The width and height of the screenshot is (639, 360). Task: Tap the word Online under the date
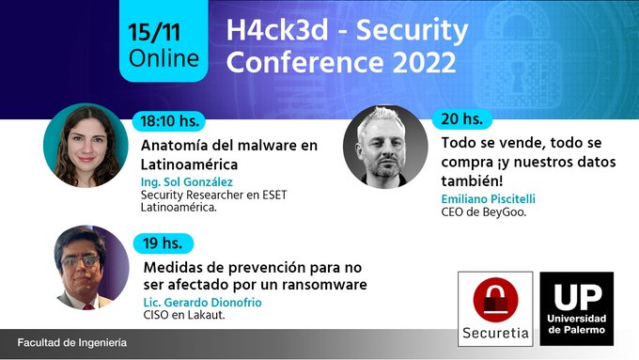pyautogui.click(x=164, y=57)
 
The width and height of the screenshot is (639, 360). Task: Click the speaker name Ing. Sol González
pyautogui.click(x=186, y=181)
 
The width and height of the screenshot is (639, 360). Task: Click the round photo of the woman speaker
pyautogui.click(x=86, y=146)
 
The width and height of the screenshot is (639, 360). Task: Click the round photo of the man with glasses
pyautogui.click(x=91, y=268)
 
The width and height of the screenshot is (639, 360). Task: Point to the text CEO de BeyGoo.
pyautogui.click(x=484, y=211)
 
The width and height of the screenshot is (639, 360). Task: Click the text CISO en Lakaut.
pyautogui.click(x=184, y=315)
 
